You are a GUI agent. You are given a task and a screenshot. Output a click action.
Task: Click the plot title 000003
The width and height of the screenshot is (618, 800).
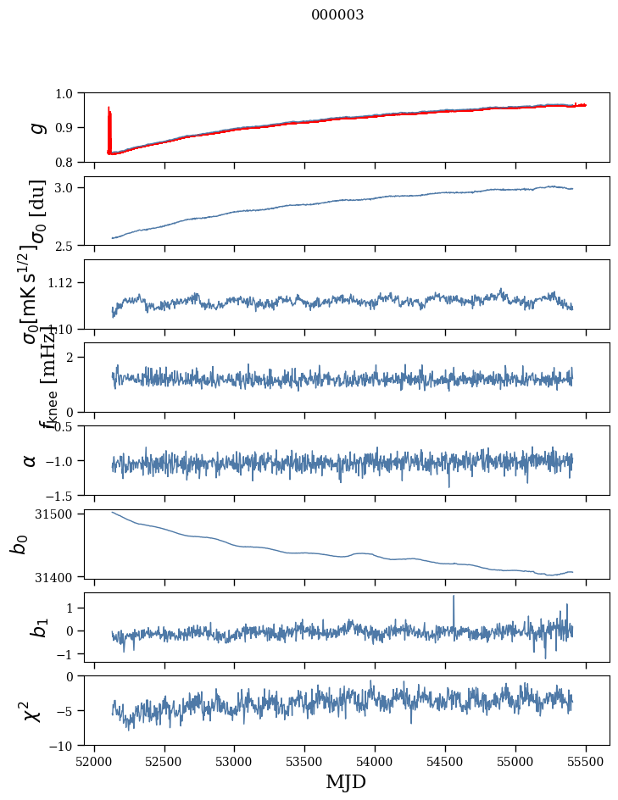click(x=337, y=14)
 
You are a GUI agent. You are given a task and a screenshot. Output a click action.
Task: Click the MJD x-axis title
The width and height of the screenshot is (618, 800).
click(x=346, y=781)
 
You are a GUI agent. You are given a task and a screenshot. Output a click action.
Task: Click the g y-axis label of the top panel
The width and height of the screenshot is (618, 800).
click(x=36, y=127)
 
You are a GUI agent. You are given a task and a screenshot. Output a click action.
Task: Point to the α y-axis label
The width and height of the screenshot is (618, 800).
click(x=30, y=460)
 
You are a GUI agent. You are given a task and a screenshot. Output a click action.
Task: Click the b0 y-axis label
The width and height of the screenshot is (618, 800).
click(x=19, y=543)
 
